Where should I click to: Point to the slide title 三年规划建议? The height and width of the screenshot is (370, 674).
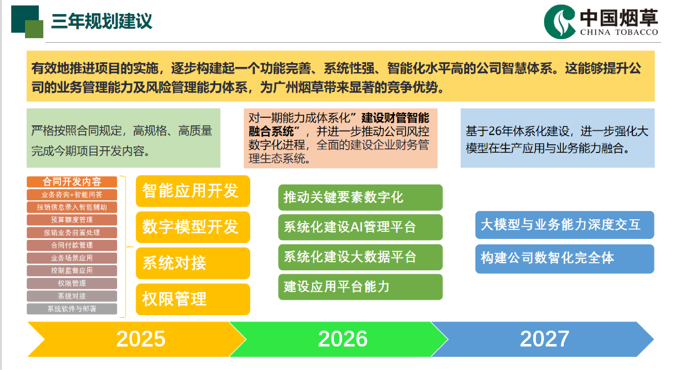coord(101,21)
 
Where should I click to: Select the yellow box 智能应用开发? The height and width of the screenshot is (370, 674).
coord(193,191)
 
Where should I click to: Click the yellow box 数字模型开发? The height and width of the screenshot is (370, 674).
coord(193,227)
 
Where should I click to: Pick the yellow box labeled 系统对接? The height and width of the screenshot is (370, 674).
coord(193,263)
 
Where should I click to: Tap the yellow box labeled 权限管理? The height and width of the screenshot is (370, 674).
coord(193,299)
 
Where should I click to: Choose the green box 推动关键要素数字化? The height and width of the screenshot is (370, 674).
coord(360,197)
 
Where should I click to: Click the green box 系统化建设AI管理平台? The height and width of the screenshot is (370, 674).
coord(360,227)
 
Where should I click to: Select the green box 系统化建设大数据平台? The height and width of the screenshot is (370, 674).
coord(360,257)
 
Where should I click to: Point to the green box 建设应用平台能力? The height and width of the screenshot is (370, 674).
coord(360,287)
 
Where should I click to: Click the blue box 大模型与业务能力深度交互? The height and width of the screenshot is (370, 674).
coord(565,225)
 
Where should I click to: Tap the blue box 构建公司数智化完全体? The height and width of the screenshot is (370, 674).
coord(565,259)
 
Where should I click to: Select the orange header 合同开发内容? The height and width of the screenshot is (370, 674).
coord(72,182)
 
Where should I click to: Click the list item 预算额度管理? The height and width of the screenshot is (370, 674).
coord(72,220)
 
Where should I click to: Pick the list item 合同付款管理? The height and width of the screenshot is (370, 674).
coord(72,245)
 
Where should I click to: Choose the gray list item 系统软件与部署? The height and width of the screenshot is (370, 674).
coord(72,309)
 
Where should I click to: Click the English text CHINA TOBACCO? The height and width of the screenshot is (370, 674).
coord(619,32)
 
